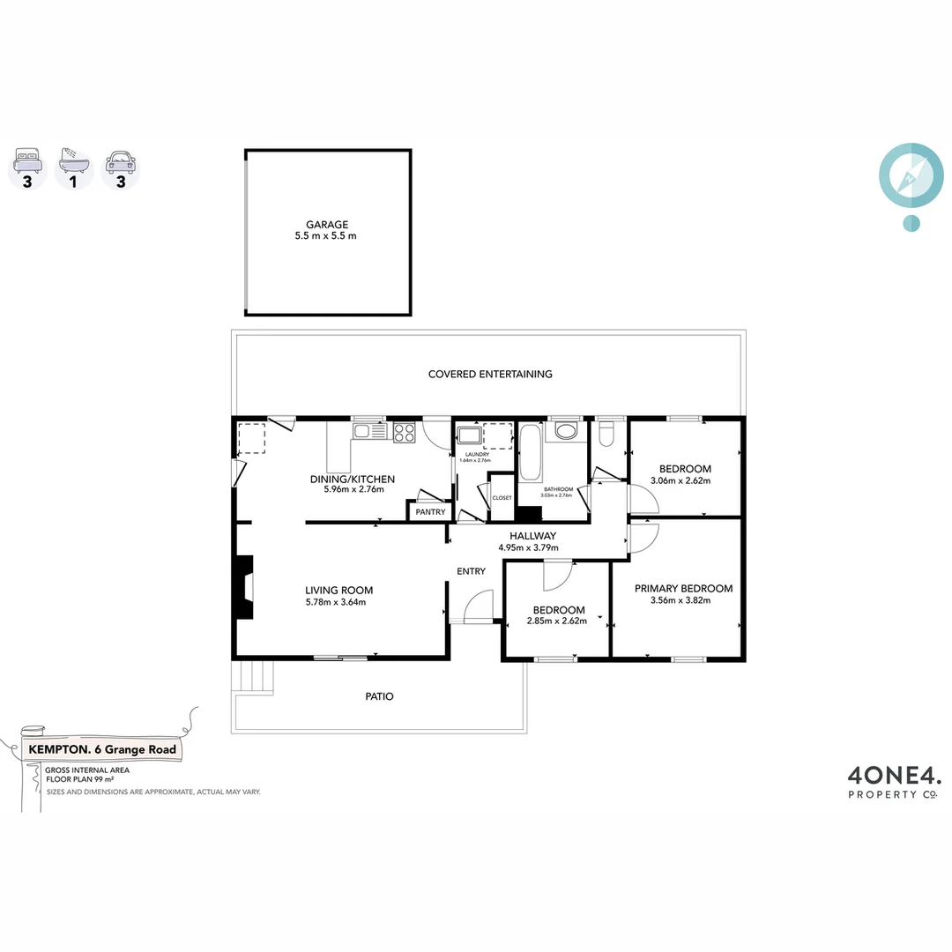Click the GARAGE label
pos(327,225)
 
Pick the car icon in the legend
pos(120,161)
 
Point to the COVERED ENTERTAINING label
pos(490,374)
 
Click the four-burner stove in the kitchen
pos(404,432)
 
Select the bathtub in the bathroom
pos(529,452)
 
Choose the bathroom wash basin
pos(565,432)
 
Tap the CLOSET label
pos(502,498)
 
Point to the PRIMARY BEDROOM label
pos(684,589)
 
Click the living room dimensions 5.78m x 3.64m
pos(335,603)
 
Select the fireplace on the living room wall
pos(243,590)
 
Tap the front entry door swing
pos(476,608)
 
